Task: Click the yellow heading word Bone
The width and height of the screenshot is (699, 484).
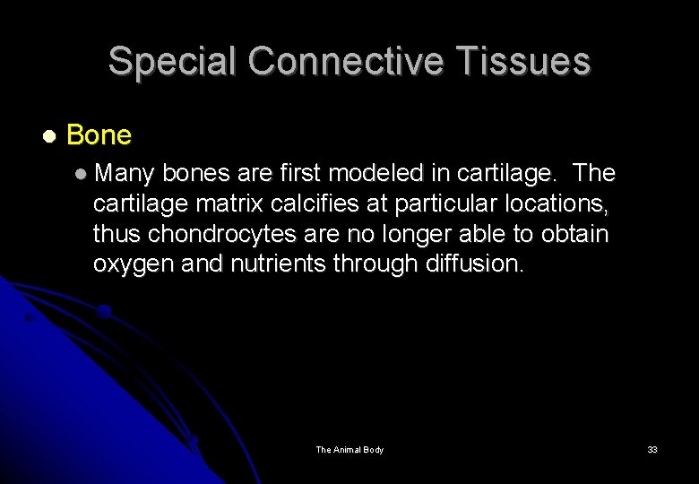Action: pyautogui.click(x=99, y=135)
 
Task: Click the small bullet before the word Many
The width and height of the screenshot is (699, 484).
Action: pyautogui.click(x=82, y=172)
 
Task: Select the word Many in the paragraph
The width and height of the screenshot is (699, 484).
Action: pyautogui.click(x=125, y=172)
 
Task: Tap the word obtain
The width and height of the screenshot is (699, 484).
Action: pyautogui.click(x=574, y=234)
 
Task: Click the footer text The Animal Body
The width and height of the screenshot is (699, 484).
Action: pyautogui.click(x=349, y=449)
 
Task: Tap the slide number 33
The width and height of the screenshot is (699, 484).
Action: pyautogui.click(x=652, y=449)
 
